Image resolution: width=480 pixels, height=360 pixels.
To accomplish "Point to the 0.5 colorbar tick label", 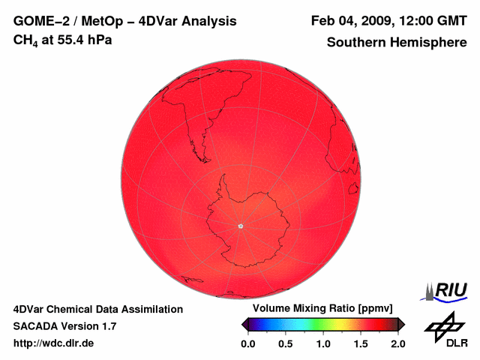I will (285, 343).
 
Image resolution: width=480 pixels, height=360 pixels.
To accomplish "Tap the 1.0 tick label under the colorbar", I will (323, 343).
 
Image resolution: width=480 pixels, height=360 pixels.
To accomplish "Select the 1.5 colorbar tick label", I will (361, 343).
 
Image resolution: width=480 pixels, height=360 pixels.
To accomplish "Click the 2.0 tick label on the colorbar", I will (398, 343).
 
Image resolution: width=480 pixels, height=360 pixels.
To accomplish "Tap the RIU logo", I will (448, 290).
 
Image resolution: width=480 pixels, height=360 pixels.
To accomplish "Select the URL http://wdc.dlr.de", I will (53, 343).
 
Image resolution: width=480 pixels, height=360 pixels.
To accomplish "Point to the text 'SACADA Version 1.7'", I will (64, 326).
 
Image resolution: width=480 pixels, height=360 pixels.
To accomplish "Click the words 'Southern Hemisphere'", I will (396, 43).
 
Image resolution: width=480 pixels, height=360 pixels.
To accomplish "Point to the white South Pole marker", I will (240, 226).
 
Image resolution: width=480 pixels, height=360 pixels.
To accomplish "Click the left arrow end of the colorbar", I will (244, 324).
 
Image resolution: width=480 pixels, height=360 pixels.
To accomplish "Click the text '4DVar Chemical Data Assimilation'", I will (98, 309).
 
